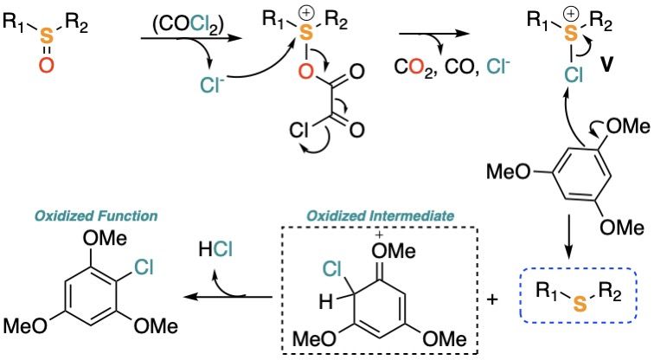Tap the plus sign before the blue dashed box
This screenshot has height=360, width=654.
point(494,300)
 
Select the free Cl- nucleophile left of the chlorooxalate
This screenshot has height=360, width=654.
point(211,85)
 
